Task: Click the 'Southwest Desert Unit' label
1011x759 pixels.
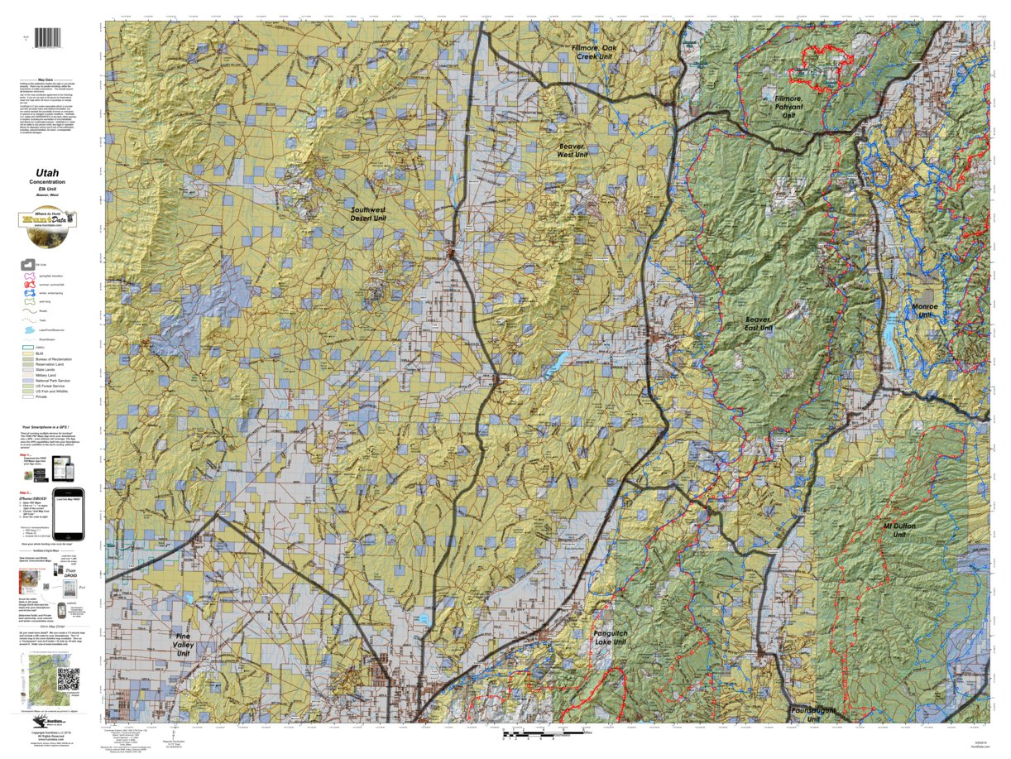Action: [367, 216]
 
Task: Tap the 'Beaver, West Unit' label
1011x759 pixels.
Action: [572, 150]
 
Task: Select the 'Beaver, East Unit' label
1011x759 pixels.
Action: [759, 324]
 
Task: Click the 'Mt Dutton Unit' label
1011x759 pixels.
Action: [899, 531]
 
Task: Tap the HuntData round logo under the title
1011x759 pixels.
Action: [47, 220]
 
